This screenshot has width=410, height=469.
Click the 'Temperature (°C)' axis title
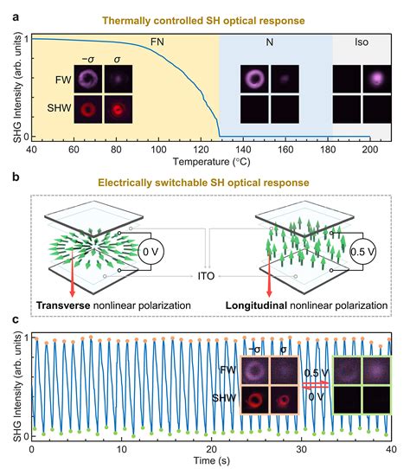[x=210, y=161]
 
